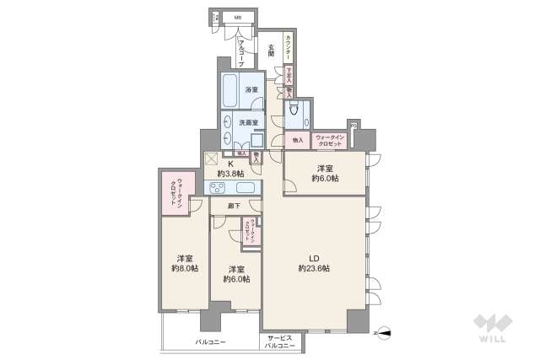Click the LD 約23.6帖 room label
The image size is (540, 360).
pos(314,262)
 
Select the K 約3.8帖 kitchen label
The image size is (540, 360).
pos(230,168)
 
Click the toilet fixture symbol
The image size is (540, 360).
pos(294,109)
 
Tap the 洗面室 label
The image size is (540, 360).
pos(247,122)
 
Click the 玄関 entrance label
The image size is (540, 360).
pos(271,51)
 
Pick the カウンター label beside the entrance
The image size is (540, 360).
pos(289,47)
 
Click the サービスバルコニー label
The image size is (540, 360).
pos(276,342)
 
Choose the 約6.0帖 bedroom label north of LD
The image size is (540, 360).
pos(324,173)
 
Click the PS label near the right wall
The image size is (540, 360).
pos(355,127)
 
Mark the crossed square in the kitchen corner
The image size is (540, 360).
pos(211,158)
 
